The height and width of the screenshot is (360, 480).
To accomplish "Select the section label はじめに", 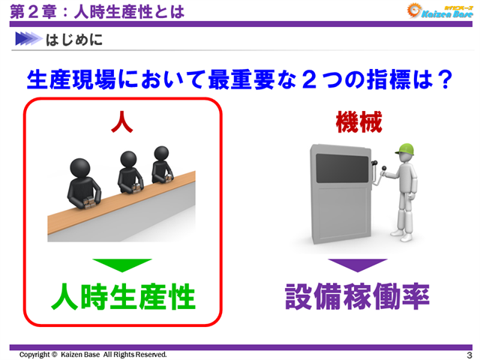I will click(x=74, y=39).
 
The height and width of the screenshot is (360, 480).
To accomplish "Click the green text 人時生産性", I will click(x=123, y=298).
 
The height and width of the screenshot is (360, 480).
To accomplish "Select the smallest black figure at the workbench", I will click(x=161, y=160).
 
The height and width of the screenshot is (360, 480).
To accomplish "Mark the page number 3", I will click(x=468, y=355).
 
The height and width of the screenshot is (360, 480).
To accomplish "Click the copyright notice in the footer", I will click(x=93, y=355).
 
